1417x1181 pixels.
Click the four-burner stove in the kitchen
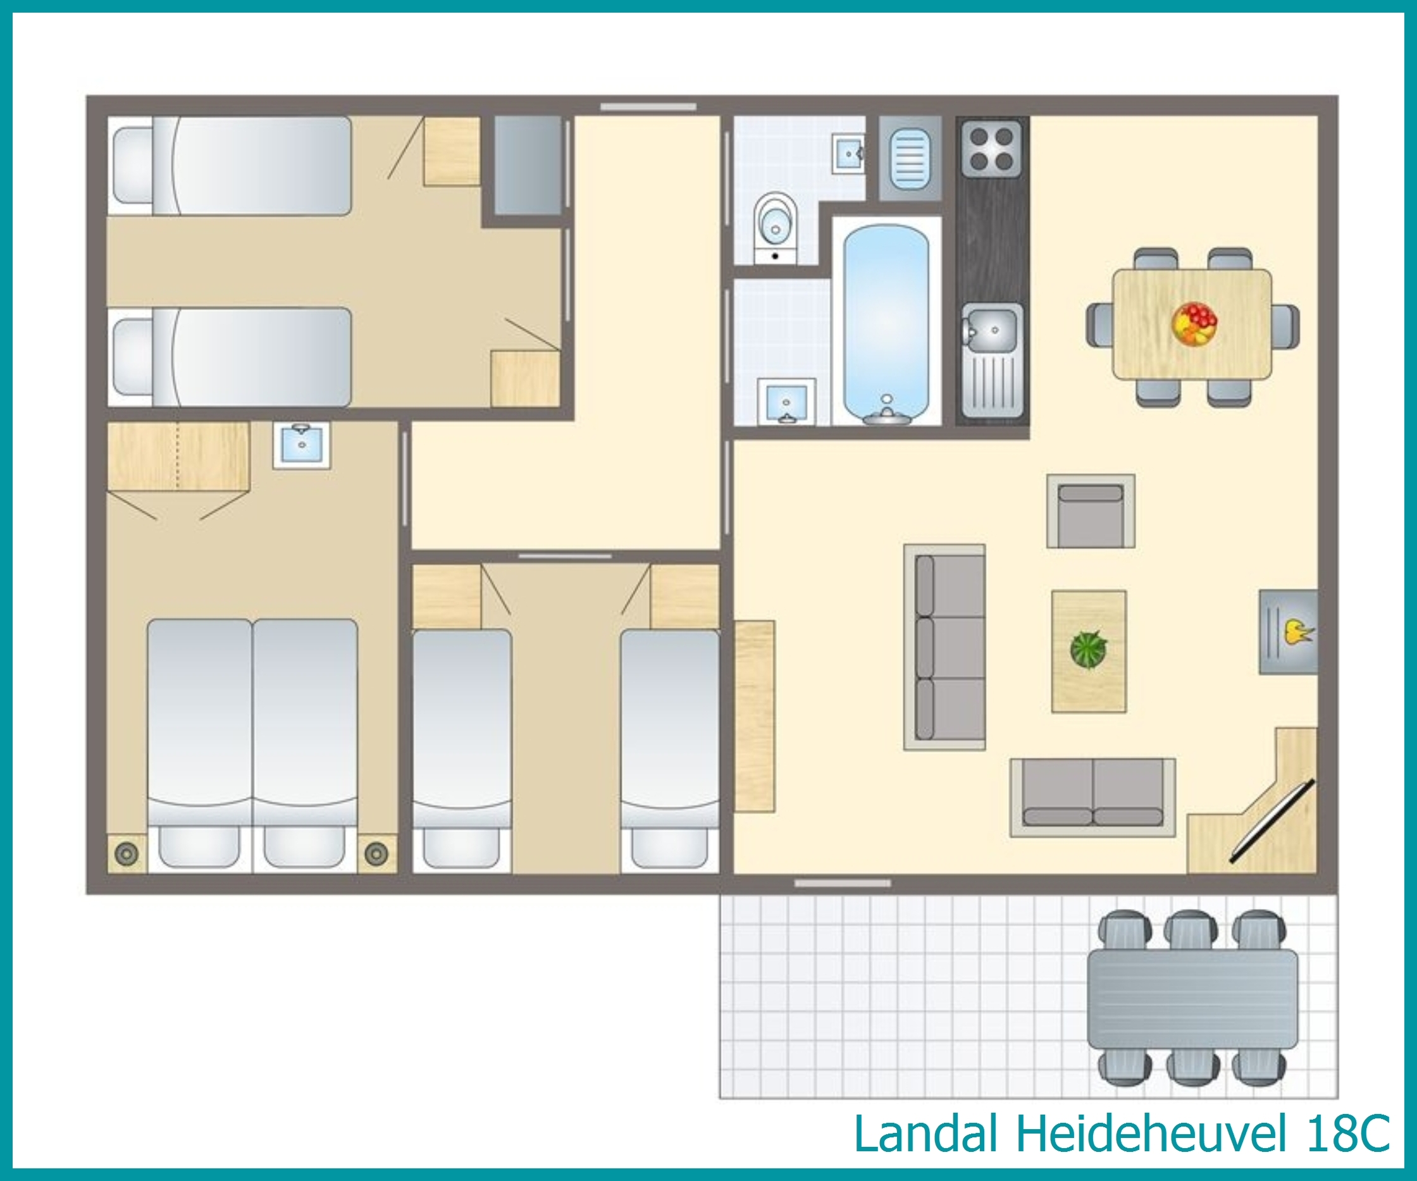pyautogui.click(x=991, y=149)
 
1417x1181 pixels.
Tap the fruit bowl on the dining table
pyautogui.click(x=1194, y=324)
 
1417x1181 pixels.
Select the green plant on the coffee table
pyautogui.click(x=1089, y=649)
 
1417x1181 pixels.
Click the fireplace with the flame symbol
pyautogui.click(x=1288, y=632)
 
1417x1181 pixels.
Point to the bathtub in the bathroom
pyautogui.click(x=886, y=324)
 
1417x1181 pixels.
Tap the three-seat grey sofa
pyautogui.click(x=944, y=647)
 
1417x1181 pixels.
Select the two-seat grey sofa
pyautogui.click(x=1092, y=798)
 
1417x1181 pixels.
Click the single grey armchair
pyautogui.click(x=1091, y=511)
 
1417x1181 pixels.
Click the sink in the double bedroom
pyautogui.click(x=302, y=445)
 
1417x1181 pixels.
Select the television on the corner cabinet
pyautogui.click(x=1272, y=821)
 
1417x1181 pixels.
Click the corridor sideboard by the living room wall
pyautogui.click(x=755, y=716)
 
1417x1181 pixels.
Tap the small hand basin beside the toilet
pyautogui.click(x=849, y=154)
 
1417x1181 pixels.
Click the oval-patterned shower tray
pyautogui.click(x=910, y=159)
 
